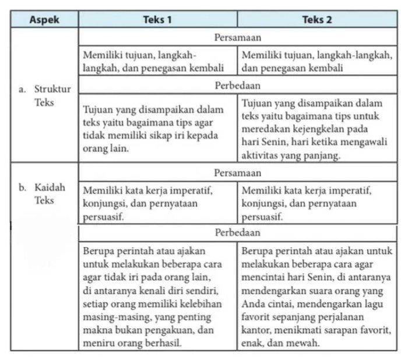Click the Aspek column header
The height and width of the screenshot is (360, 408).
44,19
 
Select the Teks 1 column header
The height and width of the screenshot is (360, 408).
157,19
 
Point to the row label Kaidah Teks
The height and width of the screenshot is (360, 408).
44,193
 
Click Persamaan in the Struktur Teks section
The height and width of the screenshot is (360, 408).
237,37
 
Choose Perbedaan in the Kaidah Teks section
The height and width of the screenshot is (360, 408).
237,232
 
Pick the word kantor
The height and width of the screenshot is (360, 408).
255,331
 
